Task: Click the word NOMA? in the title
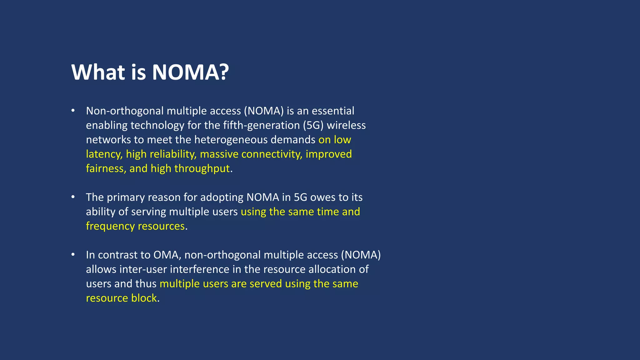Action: coord(190,72)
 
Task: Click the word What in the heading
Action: coord(98,72)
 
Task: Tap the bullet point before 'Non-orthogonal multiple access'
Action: coord(73,111)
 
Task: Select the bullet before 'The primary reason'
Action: coord(73,197)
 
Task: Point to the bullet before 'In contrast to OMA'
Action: coord(73,255)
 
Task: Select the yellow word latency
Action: coord(104,154)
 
